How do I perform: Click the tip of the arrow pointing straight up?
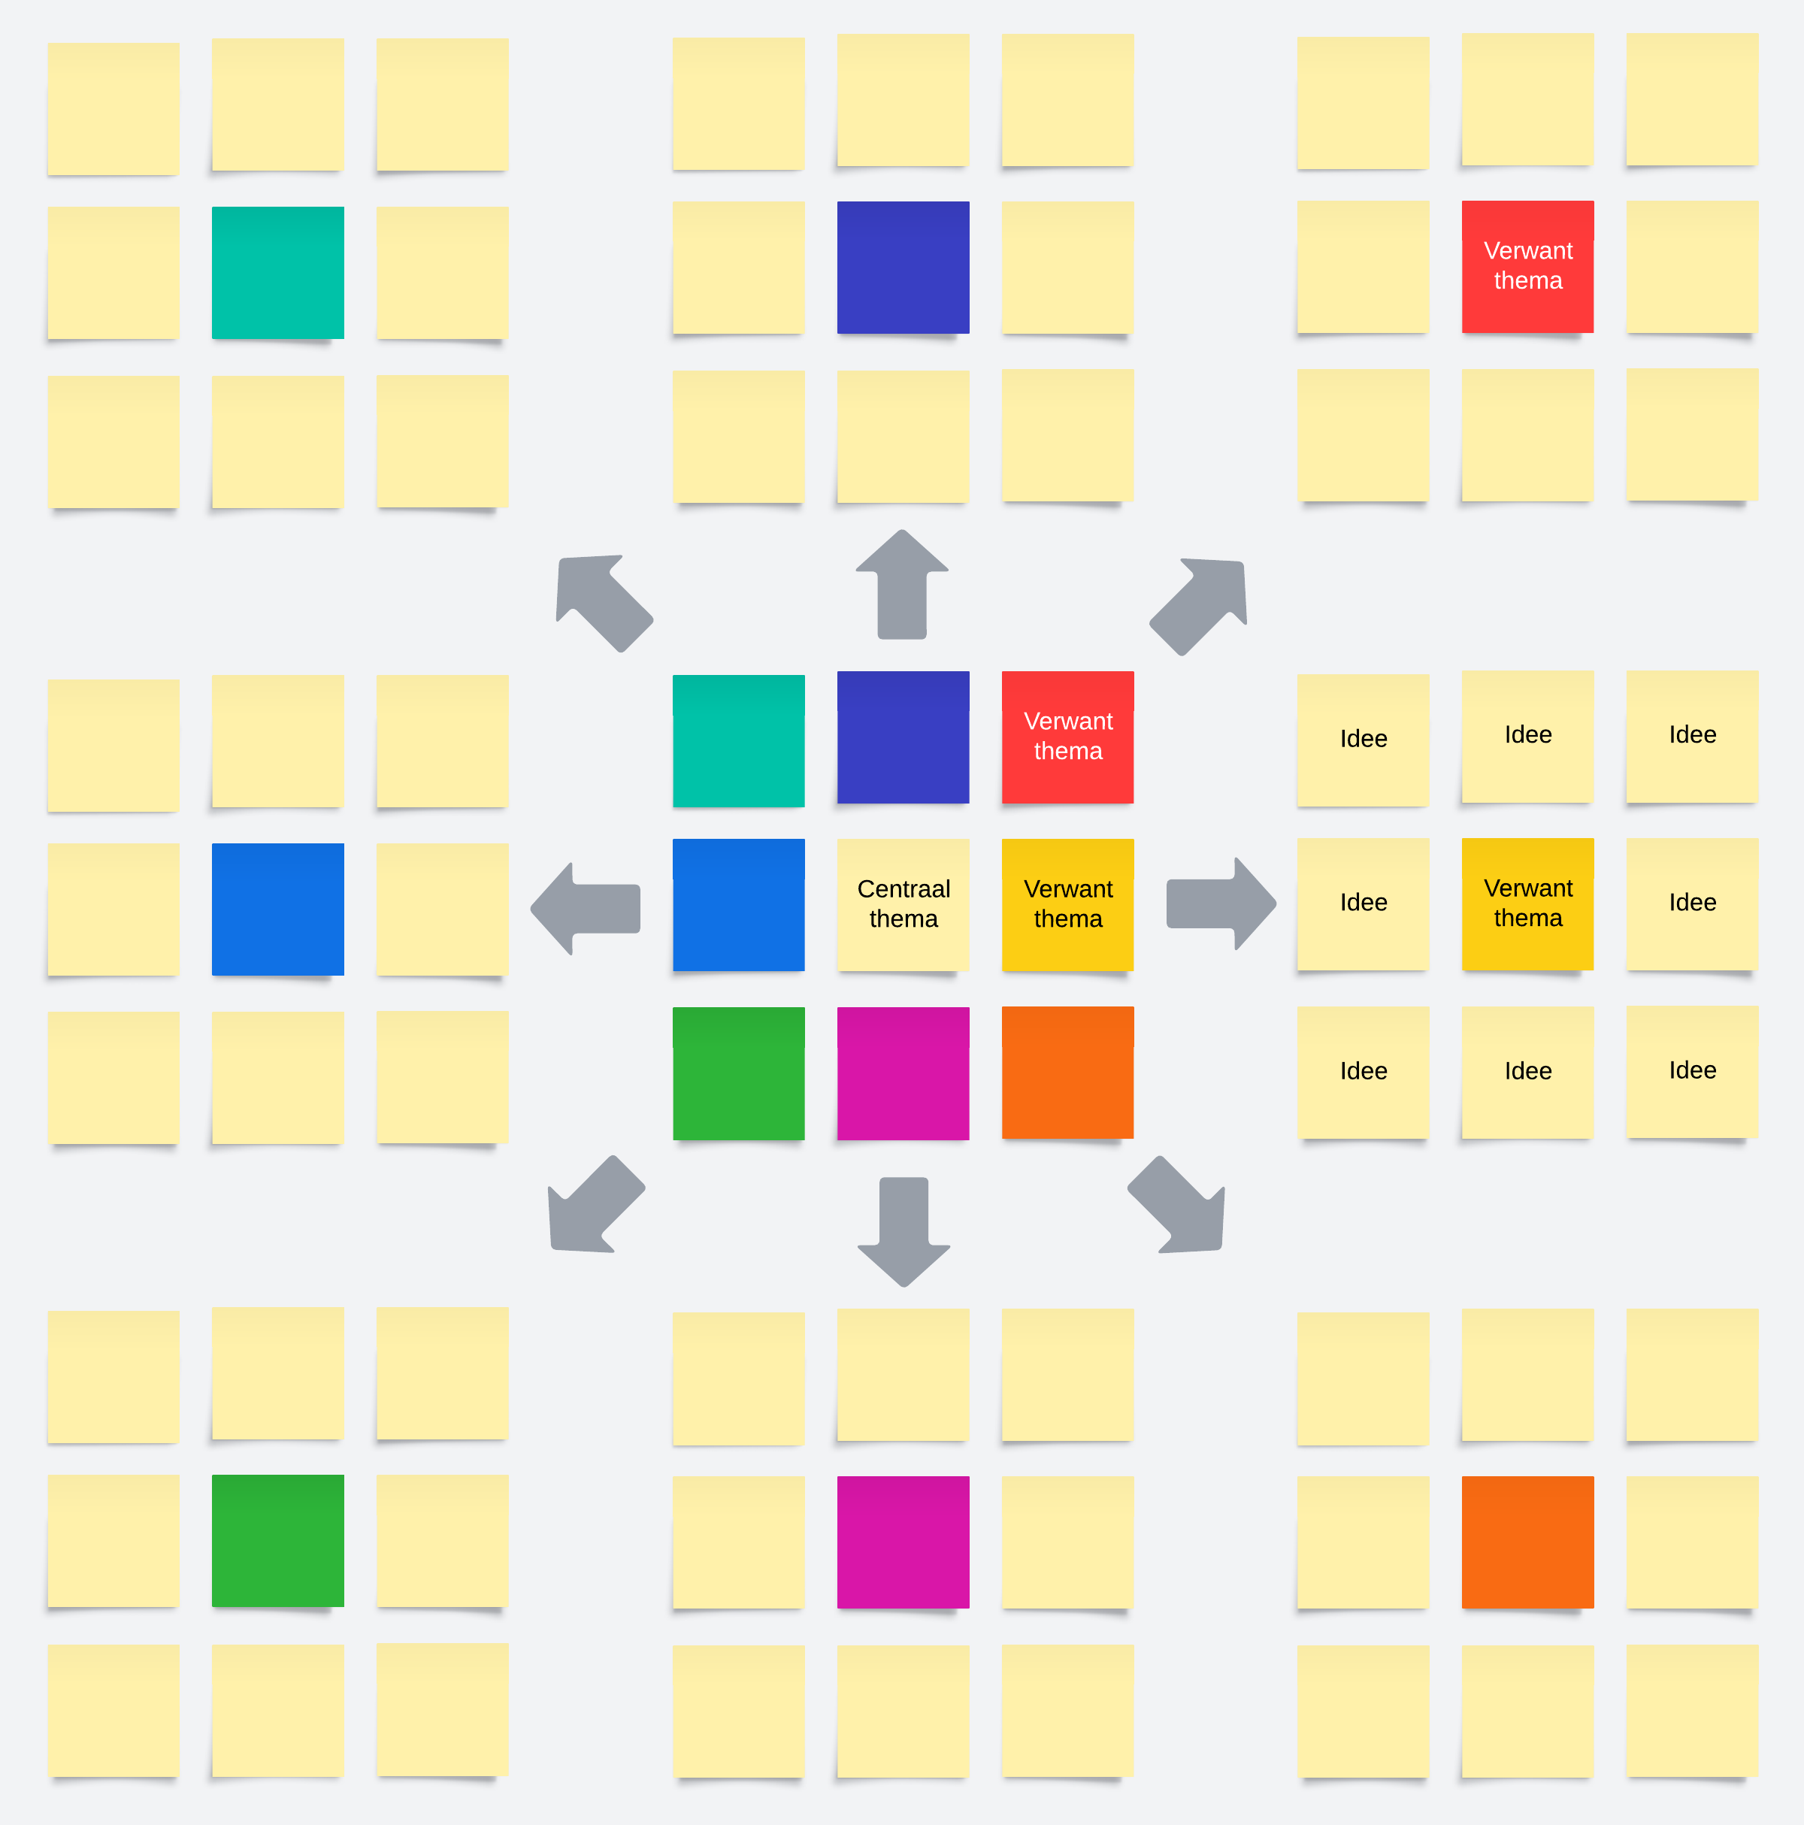pyautogui.click(x=903, y=530)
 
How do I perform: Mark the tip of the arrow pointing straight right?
pyautogui.click(x=1277, y=904)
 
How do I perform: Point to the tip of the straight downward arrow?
pyautogui.click(x=905, y=1287)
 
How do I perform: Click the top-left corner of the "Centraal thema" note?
pyautogui.click(x=838, y=840)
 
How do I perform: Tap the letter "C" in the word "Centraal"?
pyautogui.click(x=865, y=889)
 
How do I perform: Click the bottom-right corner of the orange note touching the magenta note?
pyautogui.click(x=1134, y=1138)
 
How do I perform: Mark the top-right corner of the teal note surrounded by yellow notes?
pyautogui.click(x=344, y=207)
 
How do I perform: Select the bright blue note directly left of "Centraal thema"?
pyautogui.click(x=739, y=905)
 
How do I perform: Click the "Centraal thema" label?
pyautogui.click(x=904, y=904)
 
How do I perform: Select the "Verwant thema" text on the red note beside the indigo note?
pyautogui.click(x=1068, y=736)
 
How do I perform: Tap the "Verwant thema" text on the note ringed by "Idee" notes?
pyautogui.click(x=1528, y=903)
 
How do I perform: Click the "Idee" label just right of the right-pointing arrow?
pyautogui.click(x=1364, y=903)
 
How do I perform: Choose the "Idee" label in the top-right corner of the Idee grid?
pyautogui.click(x=1693, y=735)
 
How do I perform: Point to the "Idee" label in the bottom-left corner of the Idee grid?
pyautogui.click(x=1364, y=1071)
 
